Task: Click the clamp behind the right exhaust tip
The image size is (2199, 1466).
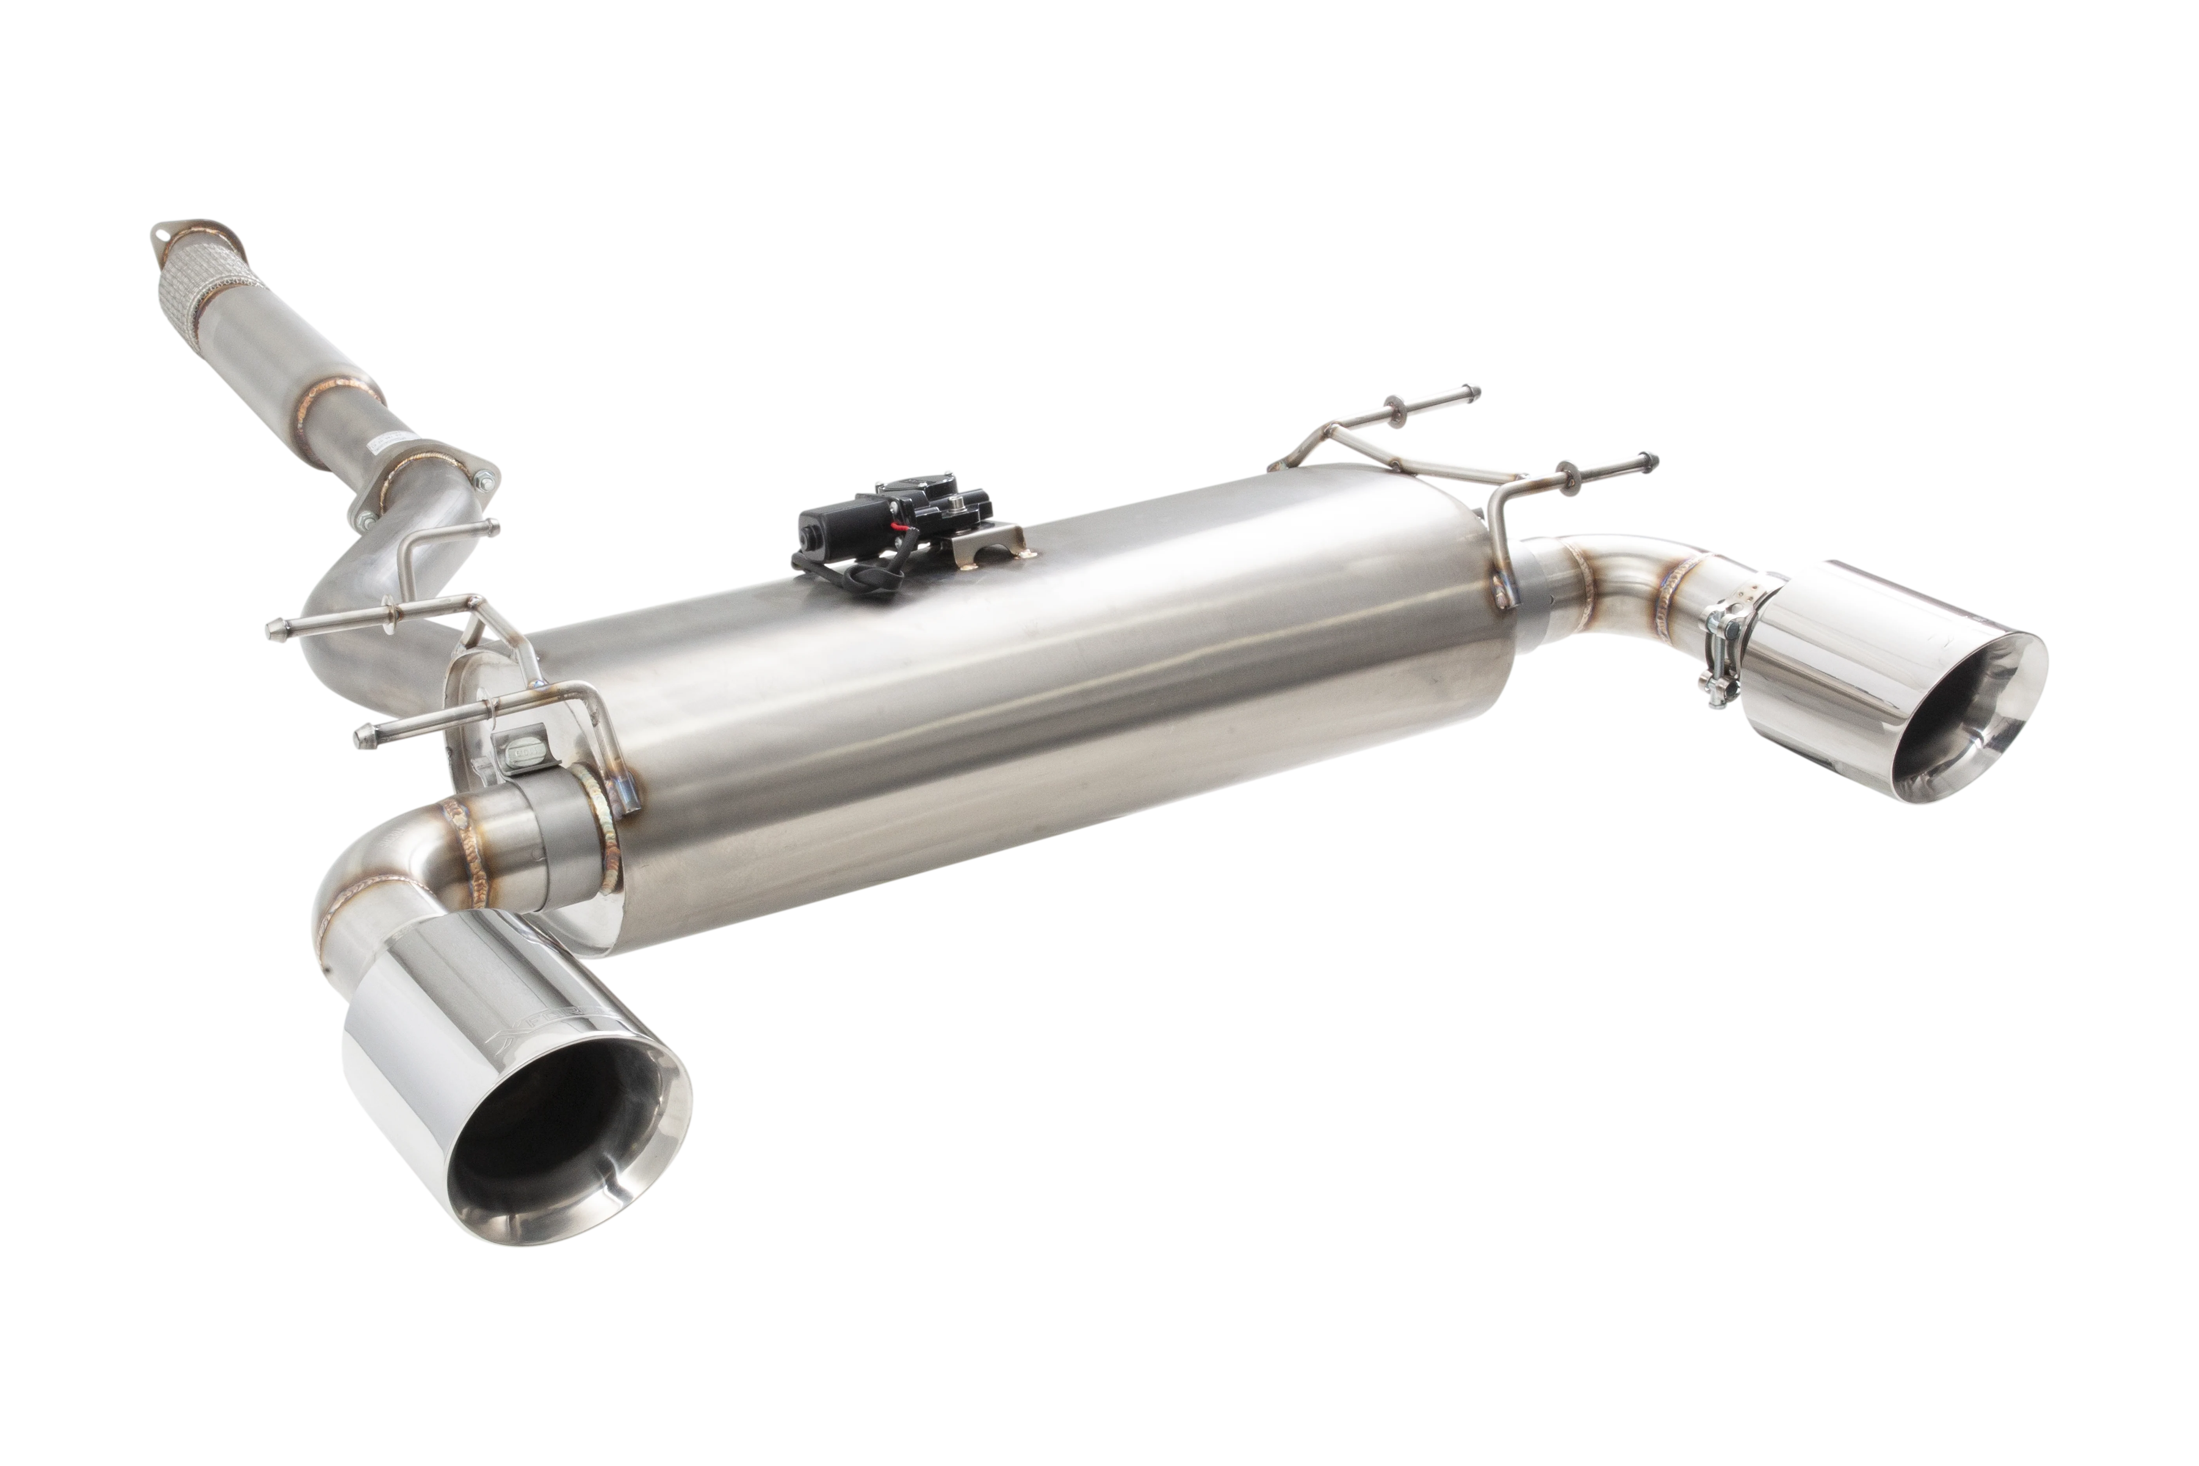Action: coord(1725,654)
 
